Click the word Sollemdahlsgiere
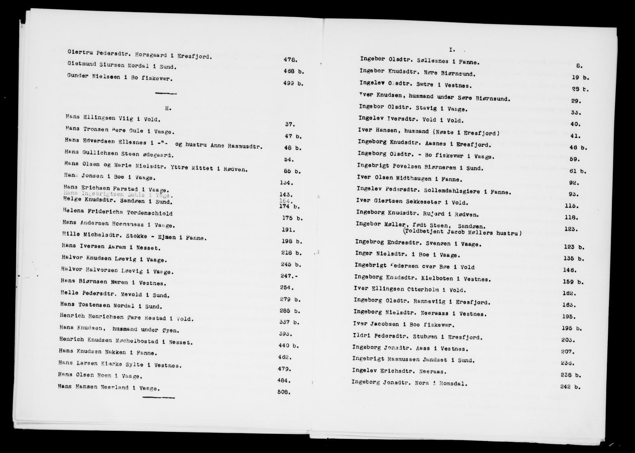pos(458,192)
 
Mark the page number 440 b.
pos(289,345)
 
